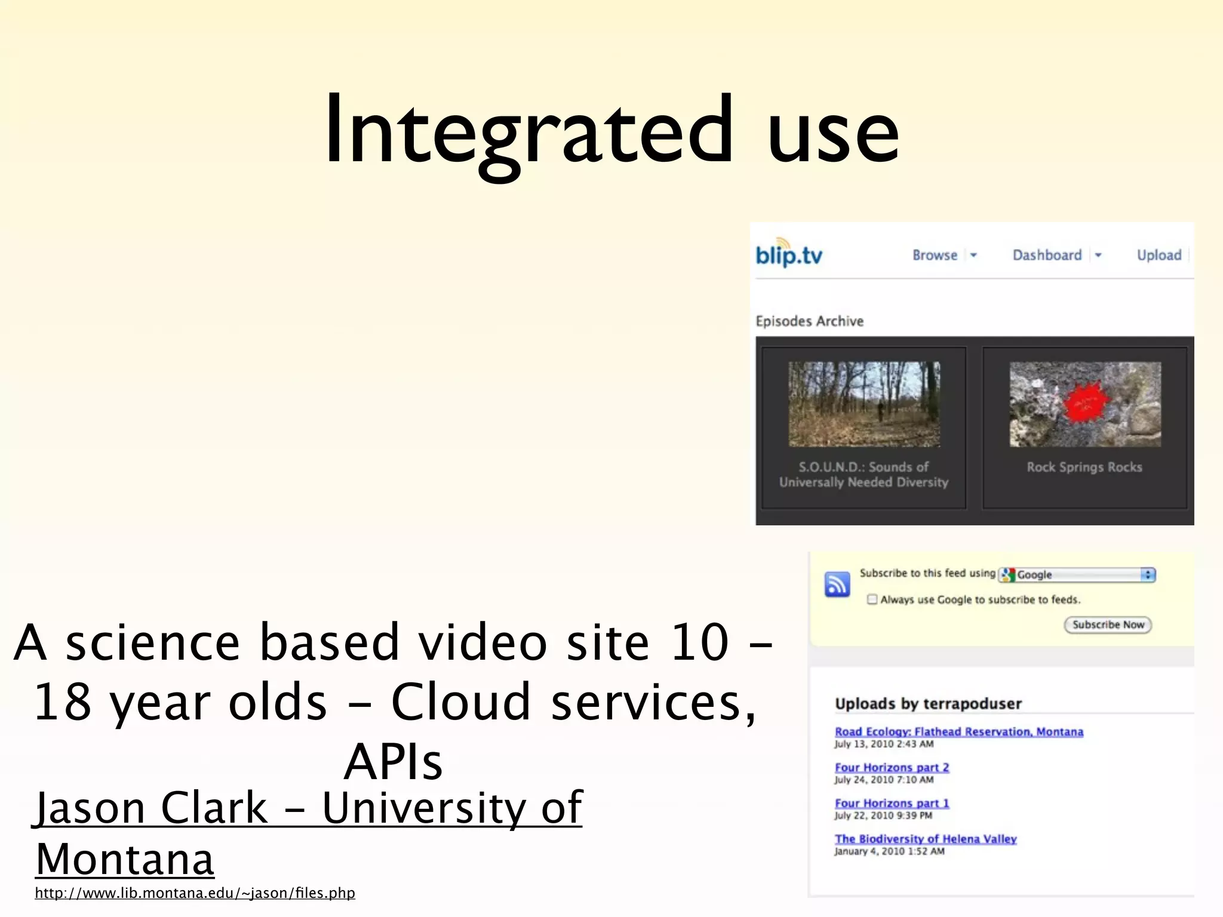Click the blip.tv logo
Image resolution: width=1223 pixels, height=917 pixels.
(789, 254)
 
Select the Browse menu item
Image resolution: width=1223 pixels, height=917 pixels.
(935, 256)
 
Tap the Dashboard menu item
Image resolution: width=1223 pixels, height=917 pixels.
(1047, 256)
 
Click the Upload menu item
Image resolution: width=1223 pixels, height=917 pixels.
(1159, 256)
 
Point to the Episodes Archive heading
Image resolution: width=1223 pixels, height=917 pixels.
(810, 321)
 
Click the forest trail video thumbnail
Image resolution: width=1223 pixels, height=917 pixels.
(864, 404)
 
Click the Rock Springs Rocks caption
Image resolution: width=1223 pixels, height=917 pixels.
(1084, 467)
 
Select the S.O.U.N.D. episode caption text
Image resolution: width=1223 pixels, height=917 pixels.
(864, 475)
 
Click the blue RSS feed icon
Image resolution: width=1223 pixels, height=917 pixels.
(837, 584)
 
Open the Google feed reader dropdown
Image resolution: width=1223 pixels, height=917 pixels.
(1078, 574)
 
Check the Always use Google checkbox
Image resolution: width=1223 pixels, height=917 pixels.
(872, 599)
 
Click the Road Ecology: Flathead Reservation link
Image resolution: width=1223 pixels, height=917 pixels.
(958, 732)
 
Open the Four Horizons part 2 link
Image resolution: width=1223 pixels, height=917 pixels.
(892, 768)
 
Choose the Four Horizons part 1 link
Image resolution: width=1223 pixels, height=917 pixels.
(892, 804)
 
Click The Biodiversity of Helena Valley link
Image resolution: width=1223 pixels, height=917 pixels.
(926, 839)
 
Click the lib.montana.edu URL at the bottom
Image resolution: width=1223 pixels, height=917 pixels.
(195, 893)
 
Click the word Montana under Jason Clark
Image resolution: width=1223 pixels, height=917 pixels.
(124, 860)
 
